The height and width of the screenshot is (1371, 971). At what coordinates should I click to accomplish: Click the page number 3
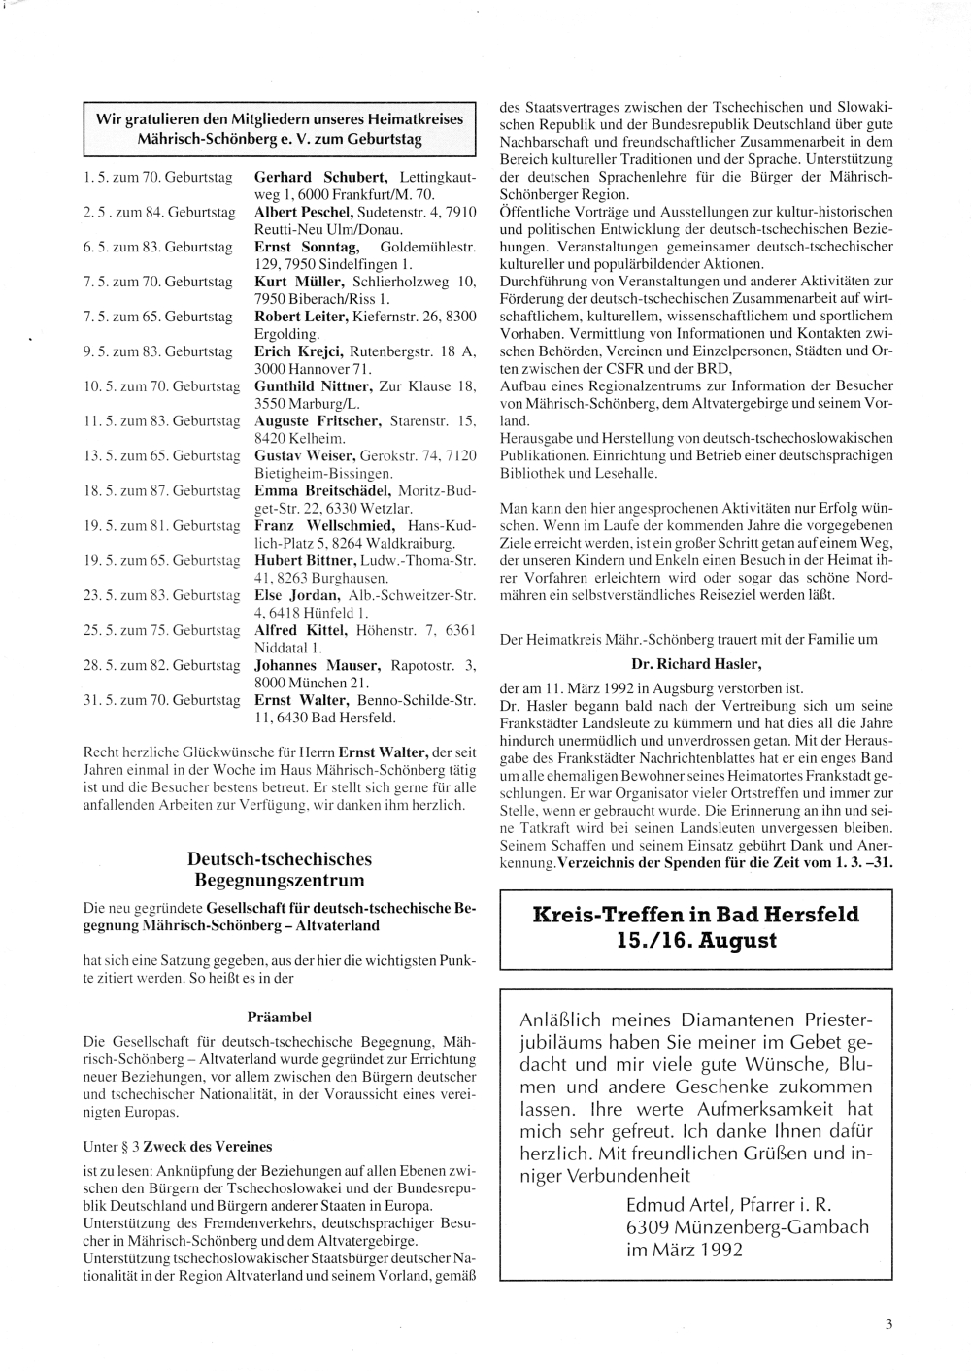tap(888, 1322)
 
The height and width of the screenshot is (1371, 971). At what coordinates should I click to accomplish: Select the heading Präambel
tap(280, 1018)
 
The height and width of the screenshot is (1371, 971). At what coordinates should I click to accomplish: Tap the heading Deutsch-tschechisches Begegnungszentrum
tap(280, 870)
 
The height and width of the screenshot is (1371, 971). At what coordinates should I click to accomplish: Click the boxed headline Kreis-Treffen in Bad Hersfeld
tap(696, 915)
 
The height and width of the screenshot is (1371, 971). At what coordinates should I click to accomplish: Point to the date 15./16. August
tap(696, 941)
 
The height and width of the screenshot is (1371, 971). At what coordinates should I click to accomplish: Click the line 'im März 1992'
tap(684, 1250)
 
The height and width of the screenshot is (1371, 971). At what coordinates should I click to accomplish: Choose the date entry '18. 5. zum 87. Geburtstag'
tap(161, 491)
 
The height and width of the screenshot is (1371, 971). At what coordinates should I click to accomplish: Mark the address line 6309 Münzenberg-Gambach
tap(748, 1227)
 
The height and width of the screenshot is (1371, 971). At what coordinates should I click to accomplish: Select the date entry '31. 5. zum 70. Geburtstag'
tap(161, 701)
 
